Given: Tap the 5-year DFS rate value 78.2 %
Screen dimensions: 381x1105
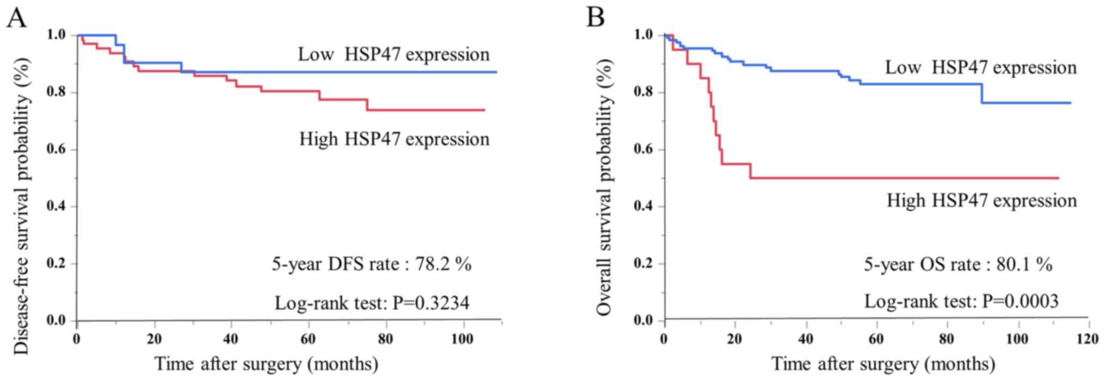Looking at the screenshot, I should [x=443, y=264].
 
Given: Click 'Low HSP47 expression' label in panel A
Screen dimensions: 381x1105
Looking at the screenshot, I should [x=393, y=54].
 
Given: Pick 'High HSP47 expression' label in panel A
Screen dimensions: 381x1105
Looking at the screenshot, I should [x=394, y=139].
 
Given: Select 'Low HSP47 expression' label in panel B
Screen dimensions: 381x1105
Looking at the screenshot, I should [x=980, y=67].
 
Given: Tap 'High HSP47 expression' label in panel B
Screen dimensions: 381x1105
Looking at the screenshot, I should [x=981, y=201].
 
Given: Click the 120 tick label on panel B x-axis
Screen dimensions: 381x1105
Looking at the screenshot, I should [x=1088, y=339].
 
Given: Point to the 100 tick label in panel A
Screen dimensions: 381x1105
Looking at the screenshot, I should [x=462, y=339].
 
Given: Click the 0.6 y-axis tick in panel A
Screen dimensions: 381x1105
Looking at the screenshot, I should [x=56, y=149].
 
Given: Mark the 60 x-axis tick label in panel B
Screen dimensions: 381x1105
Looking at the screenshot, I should [x=876, y=339].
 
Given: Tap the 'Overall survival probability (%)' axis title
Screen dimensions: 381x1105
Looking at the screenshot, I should [x=604, y=187].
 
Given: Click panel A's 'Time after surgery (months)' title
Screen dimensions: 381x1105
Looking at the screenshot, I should [x=266, y=364].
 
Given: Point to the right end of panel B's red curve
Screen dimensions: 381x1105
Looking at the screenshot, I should [x=1058, y=178].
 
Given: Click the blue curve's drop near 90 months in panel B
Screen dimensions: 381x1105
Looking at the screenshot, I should [x=982, y=94].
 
